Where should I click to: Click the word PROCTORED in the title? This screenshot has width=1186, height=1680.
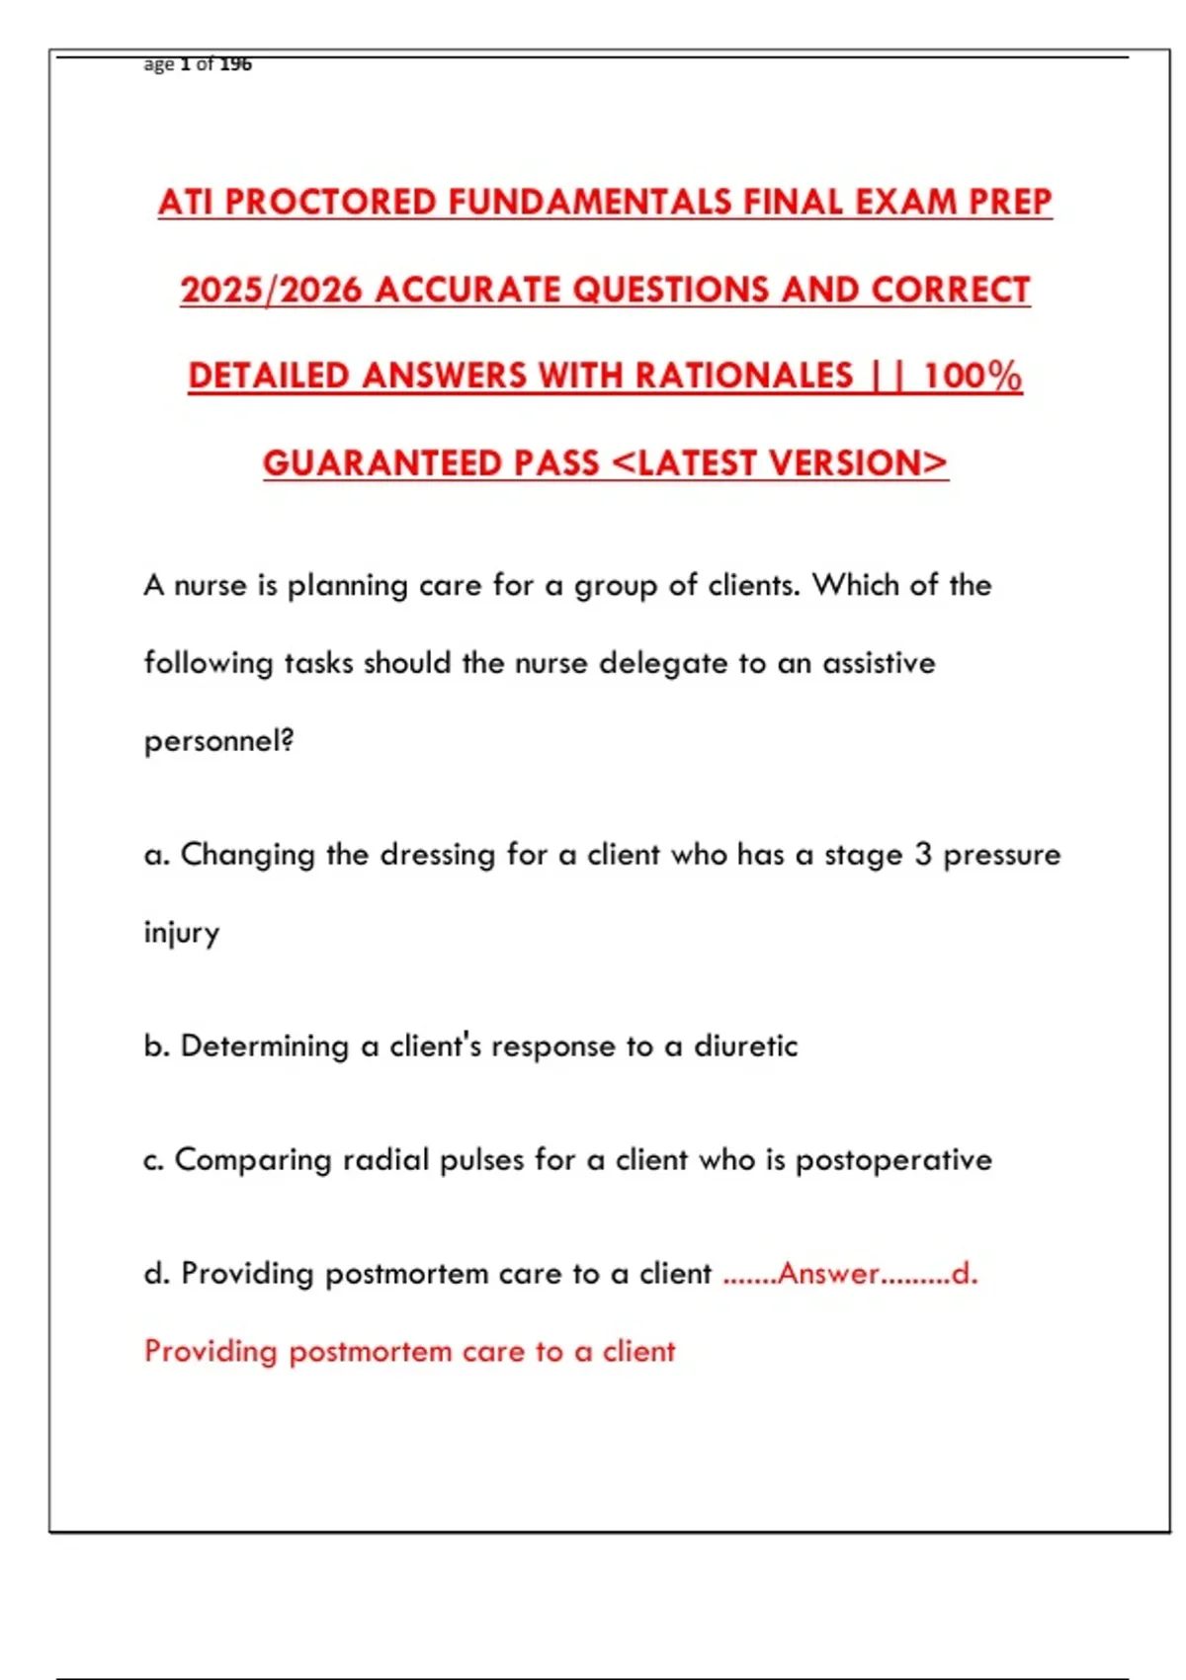(331, 203)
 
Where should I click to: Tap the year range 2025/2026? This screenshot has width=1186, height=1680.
(271, 290)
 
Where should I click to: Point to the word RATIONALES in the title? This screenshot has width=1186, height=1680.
(743, 377)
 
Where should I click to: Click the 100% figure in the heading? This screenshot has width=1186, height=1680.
(972, 377)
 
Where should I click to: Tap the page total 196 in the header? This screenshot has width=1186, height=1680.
(235, 64)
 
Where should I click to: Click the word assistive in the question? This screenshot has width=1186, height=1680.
(879, 663)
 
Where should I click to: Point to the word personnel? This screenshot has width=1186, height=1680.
(216, 741)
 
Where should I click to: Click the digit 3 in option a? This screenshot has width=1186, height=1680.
(923, 855)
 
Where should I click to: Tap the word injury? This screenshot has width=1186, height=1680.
(182, 933)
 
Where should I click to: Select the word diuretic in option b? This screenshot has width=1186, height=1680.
(745, 1047)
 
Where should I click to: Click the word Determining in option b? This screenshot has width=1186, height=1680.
(264, 1047)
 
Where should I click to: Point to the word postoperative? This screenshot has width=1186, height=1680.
(893, 1160)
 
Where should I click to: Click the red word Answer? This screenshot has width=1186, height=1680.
(828, 1274)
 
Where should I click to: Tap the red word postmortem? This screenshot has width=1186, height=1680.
(370, 1352)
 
